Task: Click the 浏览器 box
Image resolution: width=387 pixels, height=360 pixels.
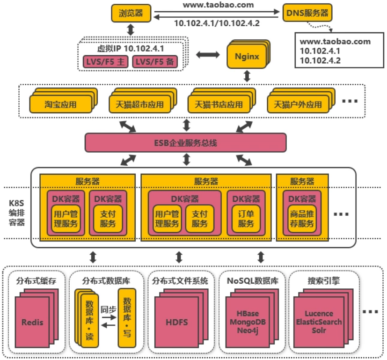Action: (x=131, y=13)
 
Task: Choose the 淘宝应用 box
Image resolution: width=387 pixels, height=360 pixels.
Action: (x=61, y=104)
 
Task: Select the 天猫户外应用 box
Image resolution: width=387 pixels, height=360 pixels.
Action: (x=298, y=104)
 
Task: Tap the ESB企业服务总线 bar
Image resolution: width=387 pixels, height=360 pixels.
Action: (x=186, y=143)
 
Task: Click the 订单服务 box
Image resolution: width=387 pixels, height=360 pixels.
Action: (x=246, y=218)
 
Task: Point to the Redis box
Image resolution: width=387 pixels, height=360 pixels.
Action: (x=32, y=322)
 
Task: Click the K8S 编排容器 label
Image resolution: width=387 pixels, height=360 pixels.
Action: (x=17, y=213)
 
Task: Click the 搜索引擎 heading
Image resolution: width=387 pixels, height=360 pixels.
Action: (x=324, y=281)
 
